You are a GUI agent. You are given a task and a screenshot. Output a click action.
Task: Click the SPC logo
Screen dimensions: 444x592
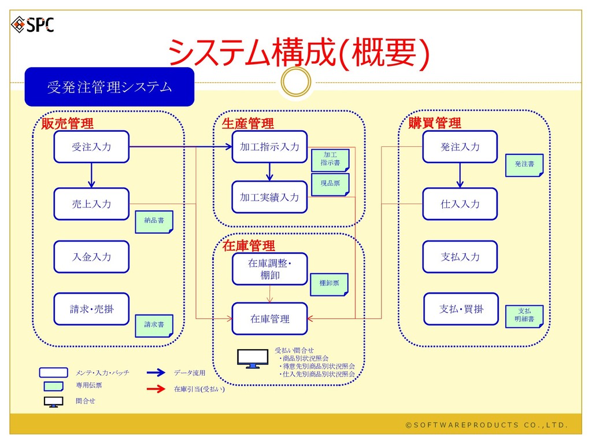[x=33, y=24]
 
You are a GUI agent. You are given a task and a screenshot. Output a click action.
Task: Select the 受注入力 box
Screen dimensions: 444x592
[x=91, y=147]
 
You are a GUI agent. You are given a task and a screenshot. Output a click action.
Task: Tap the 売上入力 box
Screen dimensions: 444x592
[x=91, y=204]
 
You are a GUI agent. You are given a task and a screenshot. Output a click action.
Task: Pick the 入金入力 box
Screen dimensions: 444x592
[x=91, y=257]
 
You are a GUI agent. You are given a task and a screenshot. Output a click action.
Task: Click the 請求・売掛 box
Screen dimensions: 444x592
[x=91, y=309]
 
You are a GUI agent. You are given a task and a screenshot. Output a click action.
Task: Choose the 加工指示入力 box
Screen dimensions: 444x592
[x=269, y=147]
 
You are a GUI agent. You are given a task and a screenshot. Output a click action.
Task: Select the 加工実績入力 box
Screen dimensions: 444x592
[x=269, y=197]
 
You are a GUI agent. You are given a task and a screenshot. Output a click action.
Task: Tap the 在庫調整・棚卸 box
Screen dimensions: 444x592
[x=269, y=269]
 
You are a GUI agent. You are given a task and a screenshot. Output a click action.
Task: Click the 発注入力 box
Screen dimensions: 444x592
[x=460, y=147]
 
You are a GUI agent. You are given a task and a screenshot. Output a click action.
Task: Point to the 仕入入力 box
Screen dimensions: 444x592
[x=460, y=204]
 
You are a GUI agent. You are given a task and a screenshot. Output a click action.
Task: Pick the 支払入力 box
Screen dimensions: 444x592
[x=460, y=257]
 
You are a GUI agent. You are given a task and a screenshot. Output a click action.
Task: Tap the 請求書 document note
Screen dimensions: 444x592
[x=154, y=325]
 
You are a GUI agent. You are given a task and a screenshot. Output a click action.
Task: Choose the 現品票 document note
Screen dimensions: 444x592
[x=330, y=183]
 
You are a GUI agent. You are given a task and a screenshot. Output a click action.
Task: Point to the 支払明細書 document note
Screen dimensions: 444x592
[x=524, y=315]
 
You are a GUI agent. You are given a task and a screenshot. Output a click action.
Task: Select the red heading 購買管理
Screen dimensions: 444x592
[x=435, y=123]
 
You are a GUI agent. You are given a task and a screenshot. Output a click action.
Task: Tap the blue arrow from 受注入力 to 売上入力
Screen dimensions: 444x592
[x=91, y=175]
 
